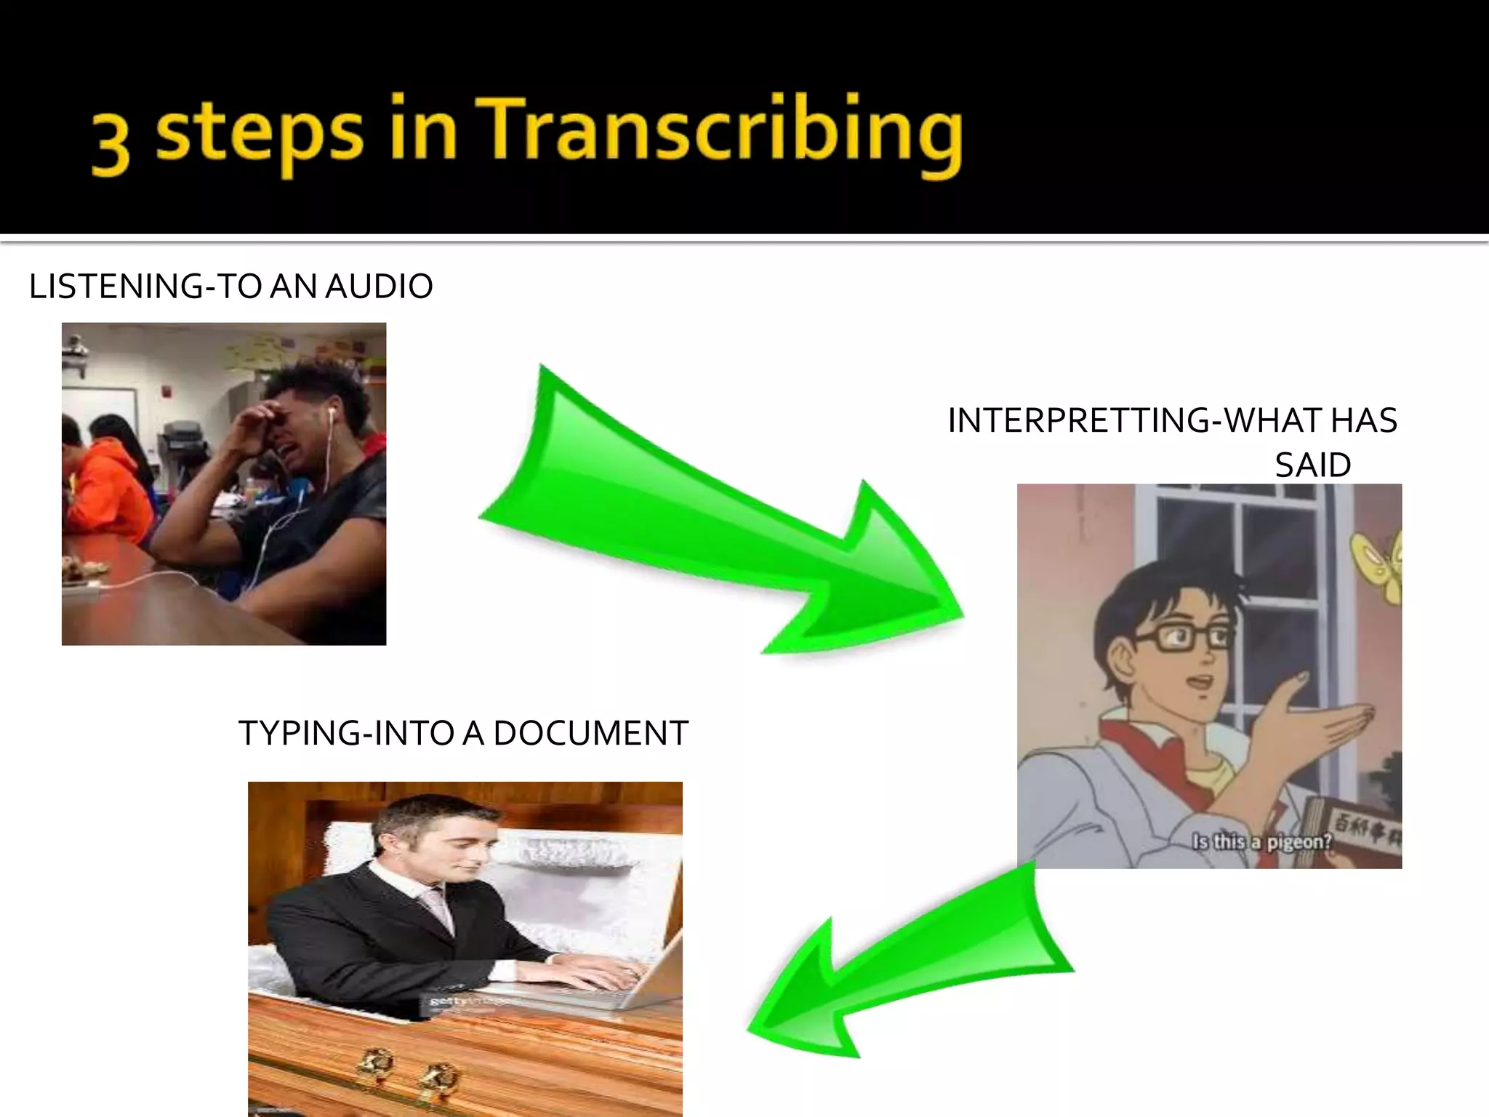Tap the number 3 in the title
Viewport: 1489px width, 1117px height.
pyautogui.click(x=111, y=144)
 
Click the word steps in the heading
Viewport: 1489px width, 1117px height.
pyautogui.click(x=259, y=135)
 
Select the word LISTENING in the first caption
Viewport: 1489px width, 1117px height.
pyautogui.click(x=116, y=287)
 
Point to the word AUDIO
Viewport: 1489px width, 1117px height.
pyautogui.click(x=379, y=287)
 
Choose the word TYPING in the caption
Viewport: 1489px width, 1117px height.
pyautogui.click(x=299, y=734)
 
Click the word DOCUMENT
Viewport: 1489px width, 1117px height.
pyautogui.click(x=590, y=734)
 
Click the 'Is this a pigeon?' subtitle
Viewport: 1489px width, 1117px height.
pyautogui.click(x=1262, y=842)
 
